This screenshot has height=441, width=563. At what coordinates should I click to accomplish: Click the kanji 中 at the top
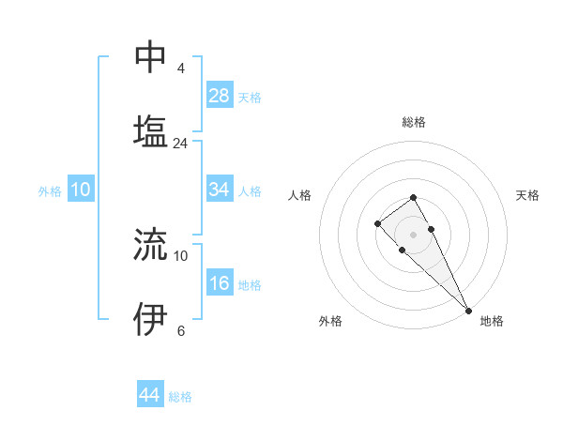pyautogui.click(x=150, y=57)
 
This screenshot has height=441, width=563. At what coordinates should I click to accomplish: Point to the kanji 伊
pyautogui.click(x=150, y=319)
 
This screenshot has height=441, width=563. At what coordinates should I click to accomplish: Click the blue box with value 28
pyautogui.click(x=220, y=96)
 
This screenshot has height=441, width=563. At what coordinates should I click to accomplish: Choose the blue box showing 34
pyautogui.click(x=220, y=190)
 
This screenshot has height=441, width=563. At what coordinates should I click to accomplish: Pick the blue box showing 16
pyautogui.click(x=220, y=283)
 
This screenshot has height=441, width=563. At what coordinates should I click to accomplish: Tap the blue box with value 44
pyautogui.click(x=150, y=395)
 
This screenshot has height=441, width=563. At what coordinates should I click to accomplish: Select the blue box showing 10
pyautogui.click(x=81, y=190)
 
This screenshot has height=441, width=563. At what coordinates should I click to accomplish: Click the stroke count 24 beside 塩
pyautogui.click(x=180, y=144)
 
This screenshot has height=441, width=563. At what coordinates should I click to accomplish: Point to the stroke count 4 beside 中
pyautogui.click(x=180, y=68)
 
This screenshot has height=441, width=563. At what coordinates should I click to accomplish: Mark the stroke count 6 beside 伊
pyautogui.click(x=180, y=330)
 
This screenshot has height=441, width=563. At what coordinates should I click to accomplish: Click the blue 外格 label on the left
pyautogui.click(x=50, y=190)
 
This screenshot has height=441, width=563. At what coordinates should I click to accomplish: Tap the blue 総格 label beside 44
pyautogui.click(x=180, y=396)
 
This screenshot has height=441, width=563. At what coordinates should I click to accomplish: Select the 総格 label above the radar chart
pyautogui.click(x=413, y=123)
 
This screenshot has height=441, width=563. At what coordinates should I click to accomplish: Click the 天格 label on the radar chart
pyautogui.click(x=527, y=195)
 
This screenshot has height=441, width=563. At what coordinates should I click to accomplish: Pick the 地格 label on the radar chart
pyautogui.click(x=492, y=321)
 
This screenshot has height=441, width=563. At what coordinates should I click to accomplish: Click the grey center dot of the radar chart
pyautogui.click(x=413, y=234)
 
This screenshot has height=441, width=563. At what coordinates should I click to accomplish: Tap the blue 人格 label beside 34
pyautogui.click(x=250, y=190)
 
